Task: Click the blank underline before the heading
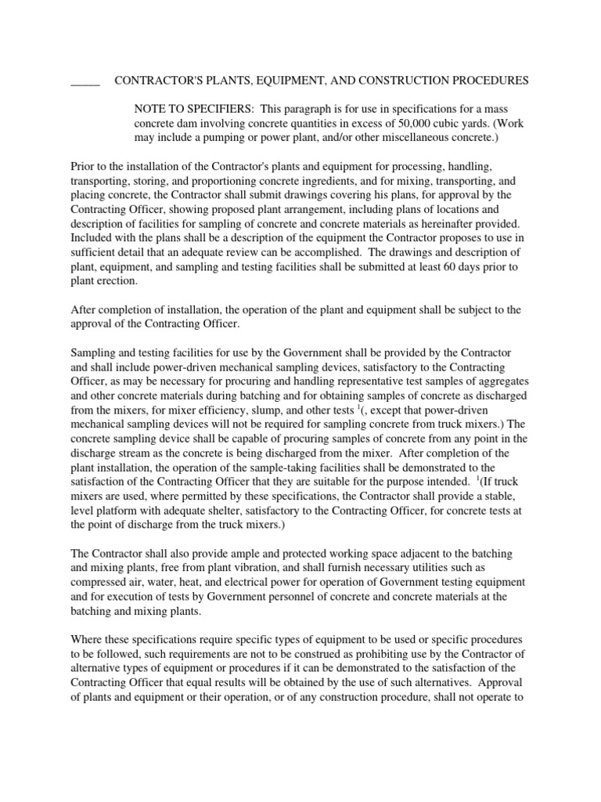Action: click(x=85, y=81)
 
